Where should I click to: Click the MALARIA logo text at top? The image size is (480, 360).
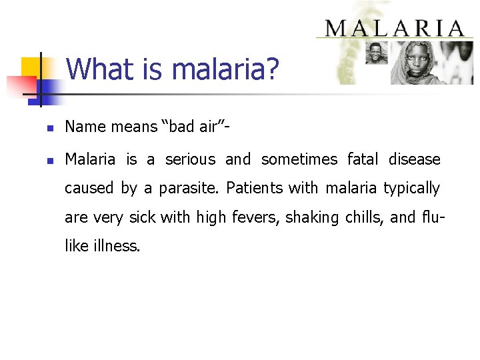pos(394,29)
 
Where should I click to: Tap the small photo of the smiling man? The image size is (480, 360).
pos(377,53)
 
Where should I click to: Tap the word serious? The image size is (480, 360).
pos(190,159)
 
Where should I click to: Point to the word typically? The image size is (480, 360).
pos(411,189)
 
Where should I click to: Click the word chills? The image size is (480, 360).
pos(357,217)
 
